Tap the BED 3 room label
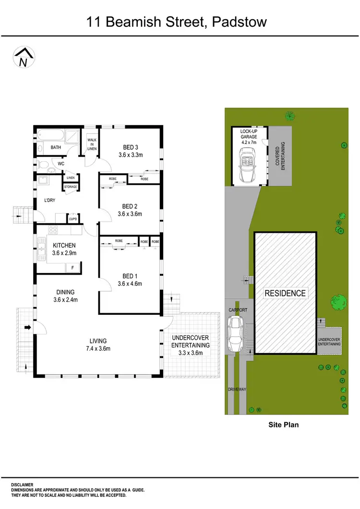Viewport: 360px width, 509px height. [x=131, y=147]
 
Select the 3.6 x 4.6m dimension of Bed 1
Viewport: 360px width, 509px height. [x=131, y=284]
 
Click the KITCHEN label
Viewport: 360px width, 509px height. [x=64, y=246]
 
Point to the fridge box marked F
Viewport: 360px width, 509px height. [x=73, y=268]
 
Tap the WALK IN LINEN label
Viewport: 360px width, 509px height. [x=92, y=144]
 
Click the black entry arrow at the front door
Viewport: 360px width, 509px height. [x=27, y=328]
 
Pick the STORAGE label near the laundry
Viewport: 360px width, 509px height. [x=71, y=187]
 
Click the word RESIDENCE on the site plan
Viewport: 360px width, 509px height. [x=285, y=293]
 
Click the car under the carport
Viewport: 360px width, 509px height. [x=236, y=334]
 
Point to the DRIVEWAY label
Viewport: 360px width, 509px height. [x=237, y=390]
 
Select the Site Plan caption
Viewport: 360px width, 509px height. [x=283, y=425]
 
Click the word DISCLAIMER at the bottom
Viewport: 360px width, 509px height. [x=24, y=485]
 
